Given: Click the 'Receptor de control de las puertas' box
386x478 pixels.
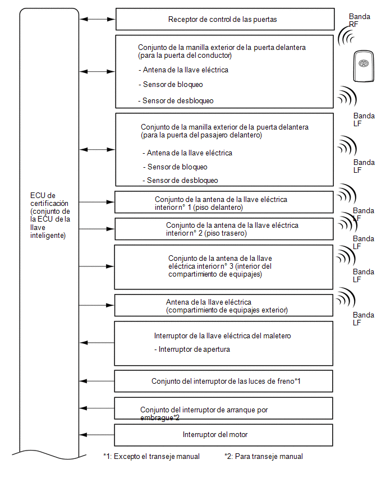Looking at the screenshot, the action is click(x=225, y=19).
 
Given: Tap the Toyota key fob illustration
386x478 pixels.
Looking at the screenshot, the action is click(x=364, y=66).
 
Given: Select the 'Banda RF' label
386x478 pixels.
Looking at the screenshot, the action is click(x=359, y=20).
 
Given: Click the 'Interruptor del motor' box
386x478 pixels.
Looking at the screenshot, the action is click(x=223, y=435).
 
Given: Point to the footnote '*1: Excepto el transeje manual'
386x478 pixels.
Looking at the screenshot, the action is click(x=151, y=456).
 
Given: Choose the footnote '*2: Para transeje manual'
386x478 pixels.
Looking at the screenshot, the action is click(x=264, y=456).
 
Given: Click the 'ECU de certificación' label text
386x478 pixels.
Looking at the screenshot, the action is click(x=50, y=215).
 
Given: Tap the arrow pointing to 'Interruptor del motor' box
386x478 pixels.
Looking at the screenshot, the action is click(x=96, y=435).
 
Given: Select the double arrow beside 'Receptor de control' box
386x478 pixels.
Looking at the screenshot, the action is click(x=98, y=19).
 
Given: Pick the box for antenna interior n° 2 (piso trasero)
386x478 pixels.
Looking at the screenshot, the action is click(x=224, y=229).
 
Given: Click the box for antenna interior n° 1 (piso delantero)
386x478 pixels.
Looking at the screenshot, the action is click(x=224, y=202).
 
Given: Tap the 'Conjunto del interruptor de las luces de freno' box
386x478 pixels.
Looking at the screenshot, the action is click(x=223, y=381).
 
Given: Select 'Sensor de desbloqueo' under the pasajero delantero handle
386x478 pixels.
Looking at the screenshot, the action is click(x=180, y=181).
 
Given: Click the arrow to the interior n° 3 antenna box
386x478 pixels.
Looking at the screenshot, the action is click(x=96, y=266).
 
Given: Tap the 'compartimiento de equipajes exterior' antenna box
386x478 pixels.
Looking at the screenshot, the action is click(x=223, y=305).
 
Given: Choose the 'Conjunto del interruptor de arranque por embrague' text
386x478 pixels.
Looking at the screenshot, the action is click(x=204, y=413).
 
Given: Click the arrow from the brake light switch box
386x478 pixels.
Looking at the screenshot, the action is click(x=96, y=381).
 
